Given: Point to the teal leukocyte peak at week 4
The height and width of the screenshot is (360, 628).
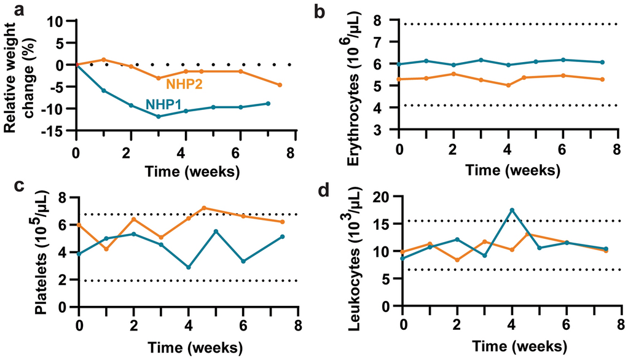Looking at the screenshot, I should click(x=512, y=210).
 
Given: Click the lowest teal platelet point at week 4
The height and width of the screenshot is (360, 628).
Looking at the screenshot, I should click(x=189, y=267).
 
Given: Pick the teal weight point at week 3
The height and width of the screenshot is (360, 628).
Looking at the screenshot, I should click(x=159, y=116).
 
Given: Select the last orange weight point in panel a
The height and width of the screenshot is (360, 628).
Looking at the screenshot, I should click(x=280, y=85).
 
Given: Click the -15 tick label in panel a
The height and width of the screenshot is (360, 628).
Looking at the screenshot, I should click(x=57, y=130).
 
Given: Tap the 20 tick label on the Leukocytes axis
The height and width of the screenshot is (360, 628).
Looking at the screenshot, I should click(x=382, y=197).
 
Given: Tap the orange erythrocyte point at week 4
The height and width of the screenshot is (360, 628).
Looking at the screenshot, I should click(x=508, y=85).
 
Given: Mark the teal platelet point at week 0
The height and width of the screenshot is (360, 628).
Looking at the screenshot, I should click(x=79, y=253).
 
